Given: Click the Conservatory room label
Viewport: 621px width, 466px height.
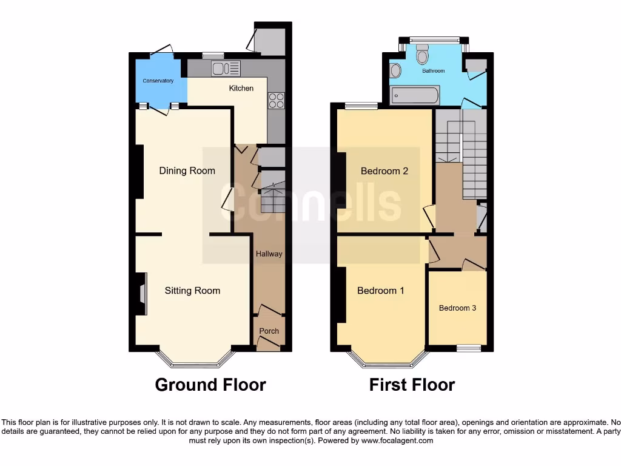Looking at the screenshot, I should point(158,81).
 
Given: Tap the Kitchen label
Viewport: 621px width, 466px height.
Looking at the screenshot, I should point(241,89).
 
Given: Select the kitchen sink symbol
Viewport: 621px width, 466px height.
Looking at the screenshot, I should point(226,68).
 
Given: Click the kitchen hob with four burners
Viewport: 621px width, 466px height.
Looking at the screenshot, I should point(277,100).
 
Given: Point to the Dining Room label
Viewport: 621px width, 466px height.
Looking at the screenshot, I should point(187,171).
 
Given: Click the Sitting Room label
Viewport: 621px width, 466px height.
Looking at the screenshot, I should point(192,291).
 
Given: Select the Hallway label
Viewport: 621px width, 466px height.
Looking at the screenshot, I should point(269,254).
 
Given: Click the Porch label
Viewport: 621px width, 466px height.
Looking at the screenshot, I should point(269,331).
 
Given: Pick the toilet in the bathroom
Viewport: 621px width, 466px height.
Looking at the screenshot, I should point(423,56).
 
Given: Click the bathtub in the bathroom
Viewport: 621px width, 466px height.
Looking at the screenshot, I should point(415,95).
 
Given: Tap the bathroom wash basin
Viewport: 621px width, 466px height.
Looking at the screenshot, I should point(395,71).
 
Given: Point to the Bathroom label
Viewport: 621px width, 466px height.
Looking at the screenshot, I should point(434,71).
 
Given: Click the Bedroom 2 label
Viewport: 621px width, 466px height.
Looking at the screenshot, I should point(384,171).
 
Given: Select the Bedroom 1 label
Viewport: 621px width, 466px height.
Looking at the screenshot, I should point(380,291).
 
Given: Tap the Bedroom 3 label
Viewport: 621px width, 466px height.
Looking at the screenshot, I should point(457,308).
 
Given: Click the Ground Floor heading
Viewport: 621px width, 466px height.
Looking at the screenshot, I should point(210,385).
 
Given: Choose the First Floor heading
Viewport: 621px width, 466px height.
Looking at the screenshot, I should point(412,385).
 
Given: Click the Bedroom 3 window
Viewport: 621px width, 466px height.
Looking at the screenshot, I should point(468,348).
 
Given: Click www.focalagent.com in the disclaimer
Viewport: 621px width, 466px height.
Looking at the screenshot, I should point(397,441).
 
